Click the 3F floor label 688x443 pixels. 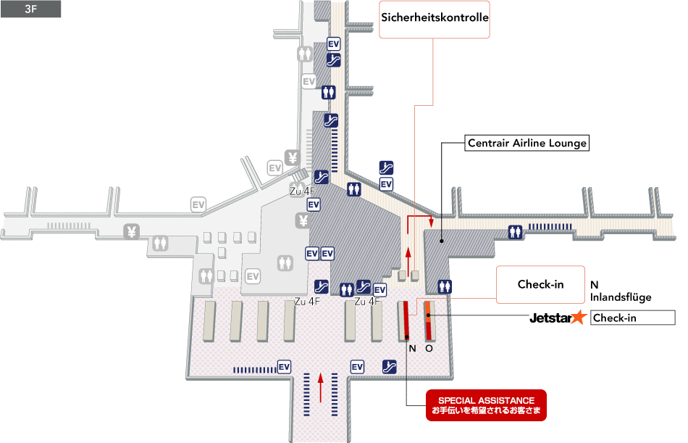click(30, 9)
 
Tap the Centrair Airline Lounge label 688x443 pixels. click(527, 144)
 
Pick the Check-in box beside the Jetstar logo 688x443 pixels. click(633, 318)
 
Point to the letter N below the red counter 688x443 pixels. click(412, 348)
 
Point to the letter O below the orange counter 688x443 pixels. click(429, 348)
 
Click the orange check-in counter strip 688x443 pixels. click(429, 320)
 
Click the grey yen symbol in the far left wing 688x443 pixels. click(131, 231)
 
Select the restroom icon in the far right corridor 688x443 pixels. click(516, 231)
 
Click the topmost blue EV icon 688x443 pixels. click(334, 44)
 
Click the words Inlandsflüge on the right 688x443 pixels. click(621, 297)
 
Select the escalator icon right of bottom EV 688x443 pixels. click(388, 367)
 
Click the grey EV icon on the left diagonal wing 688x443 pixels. click(198, 204)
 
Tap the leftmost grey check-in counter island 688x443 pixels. click(210, 320)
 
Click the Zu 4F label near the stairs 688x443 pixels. click(301, 191)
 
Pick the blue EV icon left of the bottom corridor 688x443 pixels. click(285, 367)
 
